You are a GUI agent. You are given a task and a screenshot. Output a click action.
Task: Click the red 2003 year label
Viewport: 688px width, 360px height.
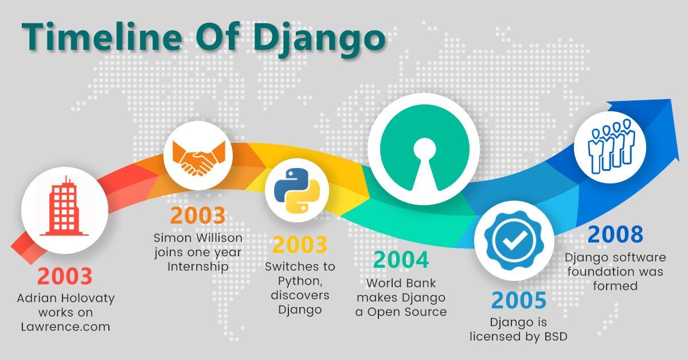(65, 276)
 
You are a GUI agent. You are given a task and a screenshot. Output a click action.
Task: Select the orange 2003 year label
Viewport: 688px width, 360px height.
(197, 216)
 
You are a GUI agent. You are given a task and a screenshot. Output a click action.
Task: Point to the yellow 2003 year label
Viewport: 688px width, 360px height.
(299, 245)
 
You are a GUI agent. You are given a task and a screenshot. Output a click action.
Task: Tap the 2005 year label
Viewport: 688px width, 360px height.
(518, 300)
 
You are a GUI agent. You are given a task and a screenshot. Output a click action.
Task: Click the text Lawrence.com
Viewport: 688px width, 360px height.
(65, 327)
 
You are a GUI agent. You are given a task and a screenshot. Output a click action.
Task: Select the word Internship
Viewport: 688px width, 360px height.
(198, 267)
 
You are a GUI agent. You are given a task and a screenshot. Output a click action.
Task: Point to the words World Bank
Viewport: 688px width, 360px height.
(401, 283)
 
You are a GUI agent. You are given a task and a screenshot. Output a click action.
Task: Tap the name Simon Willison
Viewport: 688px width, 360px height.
(198, 237)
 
